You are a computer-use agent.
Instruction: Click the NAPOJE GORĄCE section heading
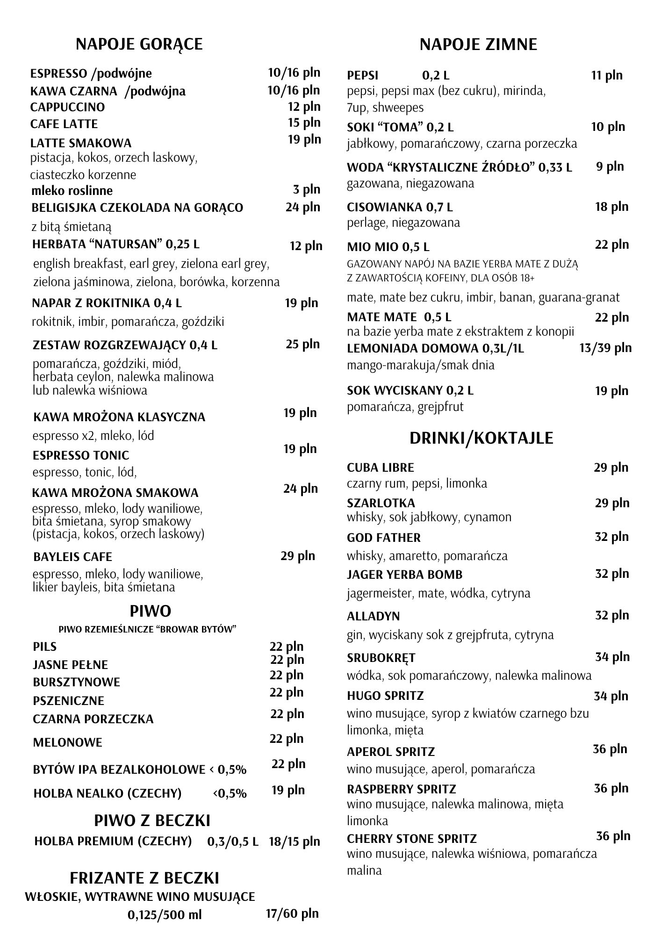click(139, 44)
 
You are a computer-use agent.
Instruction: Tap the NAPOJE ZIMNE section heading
click(478, 45)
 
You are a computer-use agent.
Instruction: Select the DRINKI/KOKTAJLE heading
click(481, 438)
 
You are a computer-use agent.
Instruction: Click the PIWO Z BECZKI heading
click(152, 820)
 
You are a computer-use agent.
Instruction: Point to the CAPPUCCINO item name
click(68, 107)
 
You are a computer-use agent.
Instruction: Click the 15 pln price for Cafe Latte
click(304, 122)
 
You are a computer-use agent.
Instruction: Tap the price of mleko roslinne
click(307, 189)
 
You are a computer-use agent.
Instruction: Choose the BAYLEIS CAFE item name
click(73, 557)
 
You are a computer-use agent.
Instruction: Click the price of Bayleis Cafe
click(298, 556)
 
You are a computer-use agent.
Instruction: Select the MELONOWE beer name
click(68, 742)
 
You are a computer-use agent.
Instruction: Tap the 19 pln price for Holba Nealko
click(288, 790)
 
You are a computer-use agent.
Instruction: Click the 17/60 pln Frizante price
click(292, 913)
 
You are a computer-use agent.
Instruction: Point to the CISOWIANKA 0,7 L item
click(400, 207)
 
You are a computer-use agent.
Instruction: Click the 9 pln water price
click(610, 166)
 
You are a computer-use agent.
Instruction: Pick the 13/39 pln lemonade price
click(605, 348)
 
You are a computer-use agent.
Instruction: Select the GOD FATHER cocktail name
click(384, 538)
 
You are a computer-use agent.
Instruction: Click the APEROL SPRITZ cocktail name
click(391, 752)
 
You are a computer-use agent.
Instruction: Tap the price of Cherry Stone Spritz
click(613, 836)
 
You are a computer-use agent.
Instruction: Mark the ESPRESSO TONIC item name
click(81, 455)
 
